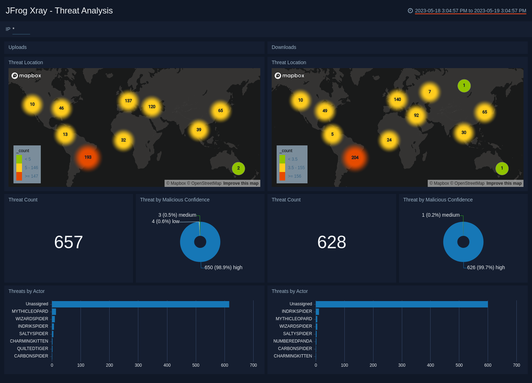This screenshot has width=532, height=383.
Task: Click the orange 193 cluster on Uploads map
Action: [88, 157]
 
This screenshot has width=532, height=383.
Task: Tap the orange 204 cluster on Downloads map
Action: [355, 157]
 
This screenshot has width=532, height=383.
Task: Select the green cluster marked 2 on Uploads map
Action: [238, 168]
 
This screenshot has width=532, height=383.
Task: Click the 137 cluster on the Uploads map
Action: [128, 101]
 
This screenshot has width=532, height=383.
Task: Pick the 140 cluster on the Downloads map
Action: [397, 99]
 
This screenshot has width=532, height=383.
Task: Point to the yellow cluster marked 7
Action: [430, 92]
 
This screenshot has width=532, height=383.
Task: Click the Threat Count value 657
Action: [68, 242]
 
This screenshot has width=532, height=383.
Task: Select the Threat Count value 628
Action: [332, 242]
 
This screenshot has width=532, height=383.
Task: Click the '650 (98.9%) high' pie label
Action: [223, 267]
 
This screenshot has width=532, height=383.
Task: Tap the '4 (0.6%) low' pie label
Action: [166, 221]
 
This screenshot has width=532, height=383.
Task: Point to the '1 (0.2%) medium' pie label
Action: [440, 215]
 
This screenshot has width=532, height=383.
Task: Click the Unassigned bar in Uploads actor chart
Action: [140, 304]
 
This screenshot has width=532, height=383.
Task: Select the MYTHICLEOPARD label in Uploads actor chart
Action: [30, 311]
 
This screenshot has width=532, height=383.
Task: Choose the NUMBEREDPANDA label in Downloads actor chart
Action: [293, 341]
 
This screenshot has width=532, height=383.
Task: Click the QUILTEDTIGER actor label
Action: [33, 349]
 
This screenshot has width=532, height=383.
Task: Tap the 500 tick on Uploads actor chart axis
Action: [196, 365]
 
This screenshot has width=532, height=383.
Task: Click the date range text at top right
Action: [470, 11]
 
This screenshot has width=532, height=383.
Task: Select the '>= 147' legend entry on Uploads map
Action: [31, 176]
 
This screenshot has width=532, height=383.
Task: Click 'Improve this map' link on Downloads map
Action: [504, 183]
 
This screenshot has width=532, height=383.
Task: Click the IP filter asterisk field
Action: [21, 29]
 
